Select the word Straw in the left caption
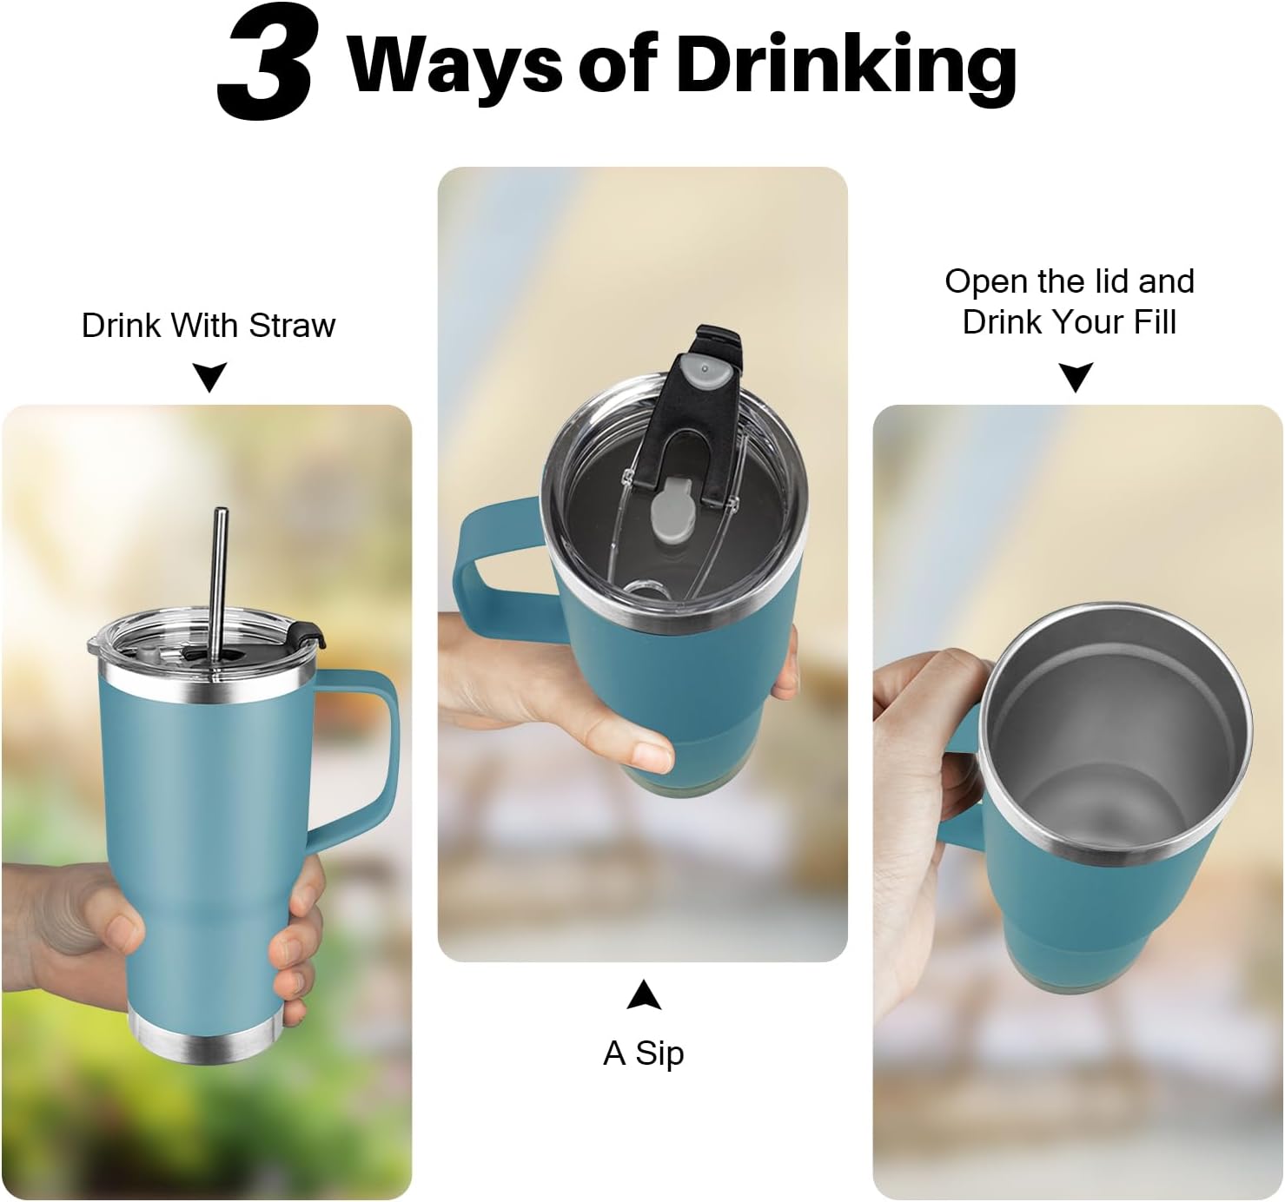coord(293,325)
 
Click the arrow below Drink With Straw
coord(209,377)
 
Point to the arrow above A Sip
coord(644,995)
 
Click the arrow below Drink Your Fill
coord(1076,377)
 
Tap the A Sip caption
coord(643,1053)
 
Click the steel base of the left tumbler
coord(206,1043)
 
